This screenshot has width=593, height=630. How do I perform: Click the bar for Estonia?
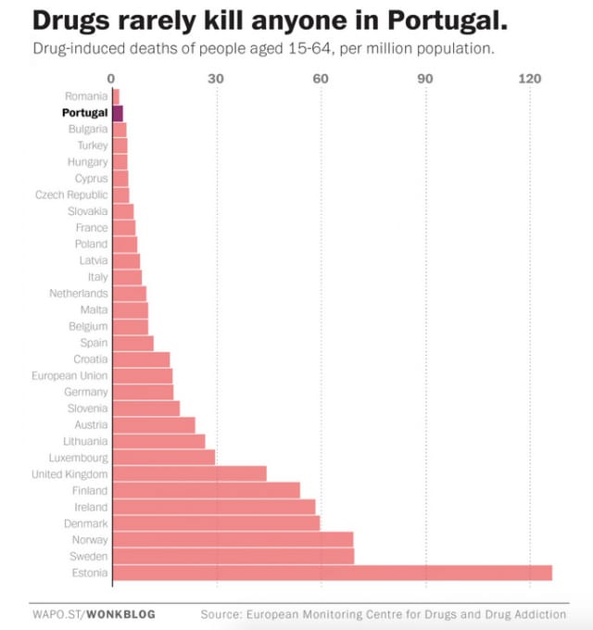[332, 573]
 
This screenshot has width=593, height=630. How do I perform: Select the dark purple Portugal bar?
[118, 113]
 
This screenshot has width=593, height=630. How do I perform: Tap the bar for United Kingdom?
[189, 473]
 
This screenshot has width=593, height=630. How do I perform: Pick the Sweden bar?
[233, 556]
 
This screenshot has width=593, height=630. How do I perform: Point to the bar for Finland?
[206, 490]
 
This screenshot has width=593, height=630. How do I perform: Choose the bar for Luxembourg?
[163, 457]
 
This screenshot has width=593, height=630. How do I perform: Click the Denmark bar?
[216, 523]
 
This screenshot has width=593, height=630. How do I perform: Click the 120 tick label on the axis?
[530, 79]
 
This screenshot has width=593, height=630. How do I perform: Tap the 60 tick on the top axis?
[321, 79]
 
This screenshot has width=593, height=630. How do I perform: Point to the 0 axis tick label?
[111, 79]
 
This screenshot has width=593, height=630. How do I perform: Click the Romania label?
[86, 96]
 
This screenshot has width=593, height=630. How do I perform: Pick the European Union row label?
[69, 375]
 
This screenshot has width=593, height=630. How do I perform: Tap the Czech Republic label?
[71, 195]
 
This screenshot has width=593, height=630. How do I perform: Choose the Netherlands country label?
[79, 294]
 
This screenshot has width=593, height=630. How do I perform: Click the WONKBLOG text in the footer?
[120, 613]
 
